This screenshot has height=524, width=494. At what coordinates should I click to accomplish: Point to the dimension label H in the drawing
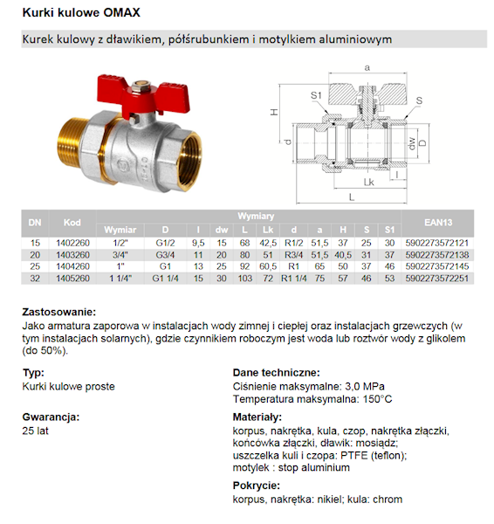[x=273, y=114]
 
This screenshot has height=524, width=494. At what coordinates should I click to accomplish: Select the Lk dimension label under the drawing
[x=370, y=183]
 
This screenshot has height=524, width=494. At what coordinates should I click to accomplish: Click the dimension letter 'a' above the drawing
[x=367, y=67]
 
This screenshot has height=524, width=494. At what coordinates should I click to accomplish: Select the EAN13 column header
[x=441, y=224]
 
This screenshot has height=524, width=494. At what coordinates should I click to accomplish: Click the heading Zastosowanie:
[x=59, y=312]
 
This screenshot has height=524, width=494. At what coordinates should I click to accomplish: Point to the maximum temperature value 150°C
[x=375, y=399]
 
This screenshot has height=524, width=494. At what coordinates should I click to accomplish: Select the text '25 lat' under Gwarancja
[x=36, y=431]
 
